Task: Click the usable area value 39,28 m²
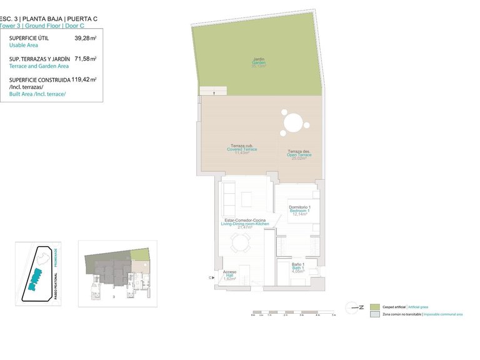coord(85,38)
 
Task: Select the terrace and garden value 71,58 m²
coord(85,59)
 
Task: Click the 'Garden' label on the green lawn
coord(258,62)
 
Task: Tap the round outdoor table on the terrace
coord(292,122)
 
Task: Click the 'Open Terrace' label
coord(299,154)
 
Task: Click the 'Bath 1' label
coord(299,267)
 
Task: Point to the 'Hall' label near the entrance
coord(229,275)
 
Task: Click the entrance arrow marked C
coord(211,277)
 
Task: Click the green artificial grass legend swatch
coord(374,307)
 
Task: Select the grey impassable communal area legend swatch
coord(374,315)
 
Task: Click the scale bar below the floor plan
coord(292,312)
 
